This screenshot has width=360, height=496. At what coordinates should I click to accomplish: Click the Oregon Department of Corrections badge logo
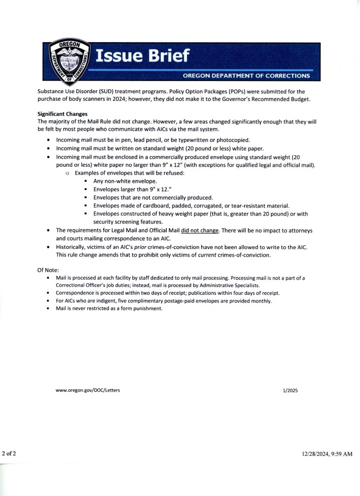[72, 61]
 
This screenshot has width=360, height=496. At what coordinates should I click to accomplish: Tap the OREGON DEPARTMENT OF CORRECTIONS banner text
[246, 76]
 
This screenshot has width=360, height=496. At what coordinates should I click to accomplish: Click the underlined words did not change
[200, 230]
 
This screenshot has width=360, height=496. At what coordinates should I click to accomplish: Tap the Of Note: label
[48, 270]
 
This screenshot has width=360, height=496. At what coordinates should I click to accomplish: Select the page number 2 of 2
[9, 453]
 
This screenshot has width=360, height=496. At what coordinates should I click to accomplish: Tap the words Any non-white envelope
[125, 181]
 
